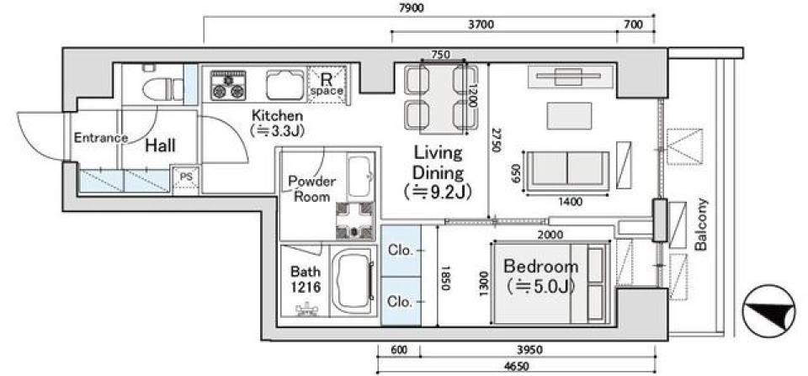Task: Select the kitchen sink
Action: [284, 85]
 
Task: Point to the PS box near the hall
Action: [185, 177]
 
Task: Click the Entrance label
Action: [100, 138]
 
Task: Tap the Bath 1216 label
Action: [306, 278]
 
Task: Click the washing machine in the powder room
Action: [353, 221]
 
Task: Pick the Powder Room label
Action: [312, 188]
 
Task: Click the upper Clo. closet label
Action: [399, 250]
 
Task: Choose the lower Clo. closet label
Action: [399, 300]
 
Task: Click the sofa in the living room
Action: [567, 167]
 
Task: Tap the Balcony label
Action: [701, 225]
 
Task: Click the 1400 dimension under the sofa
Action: [569, 202]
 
